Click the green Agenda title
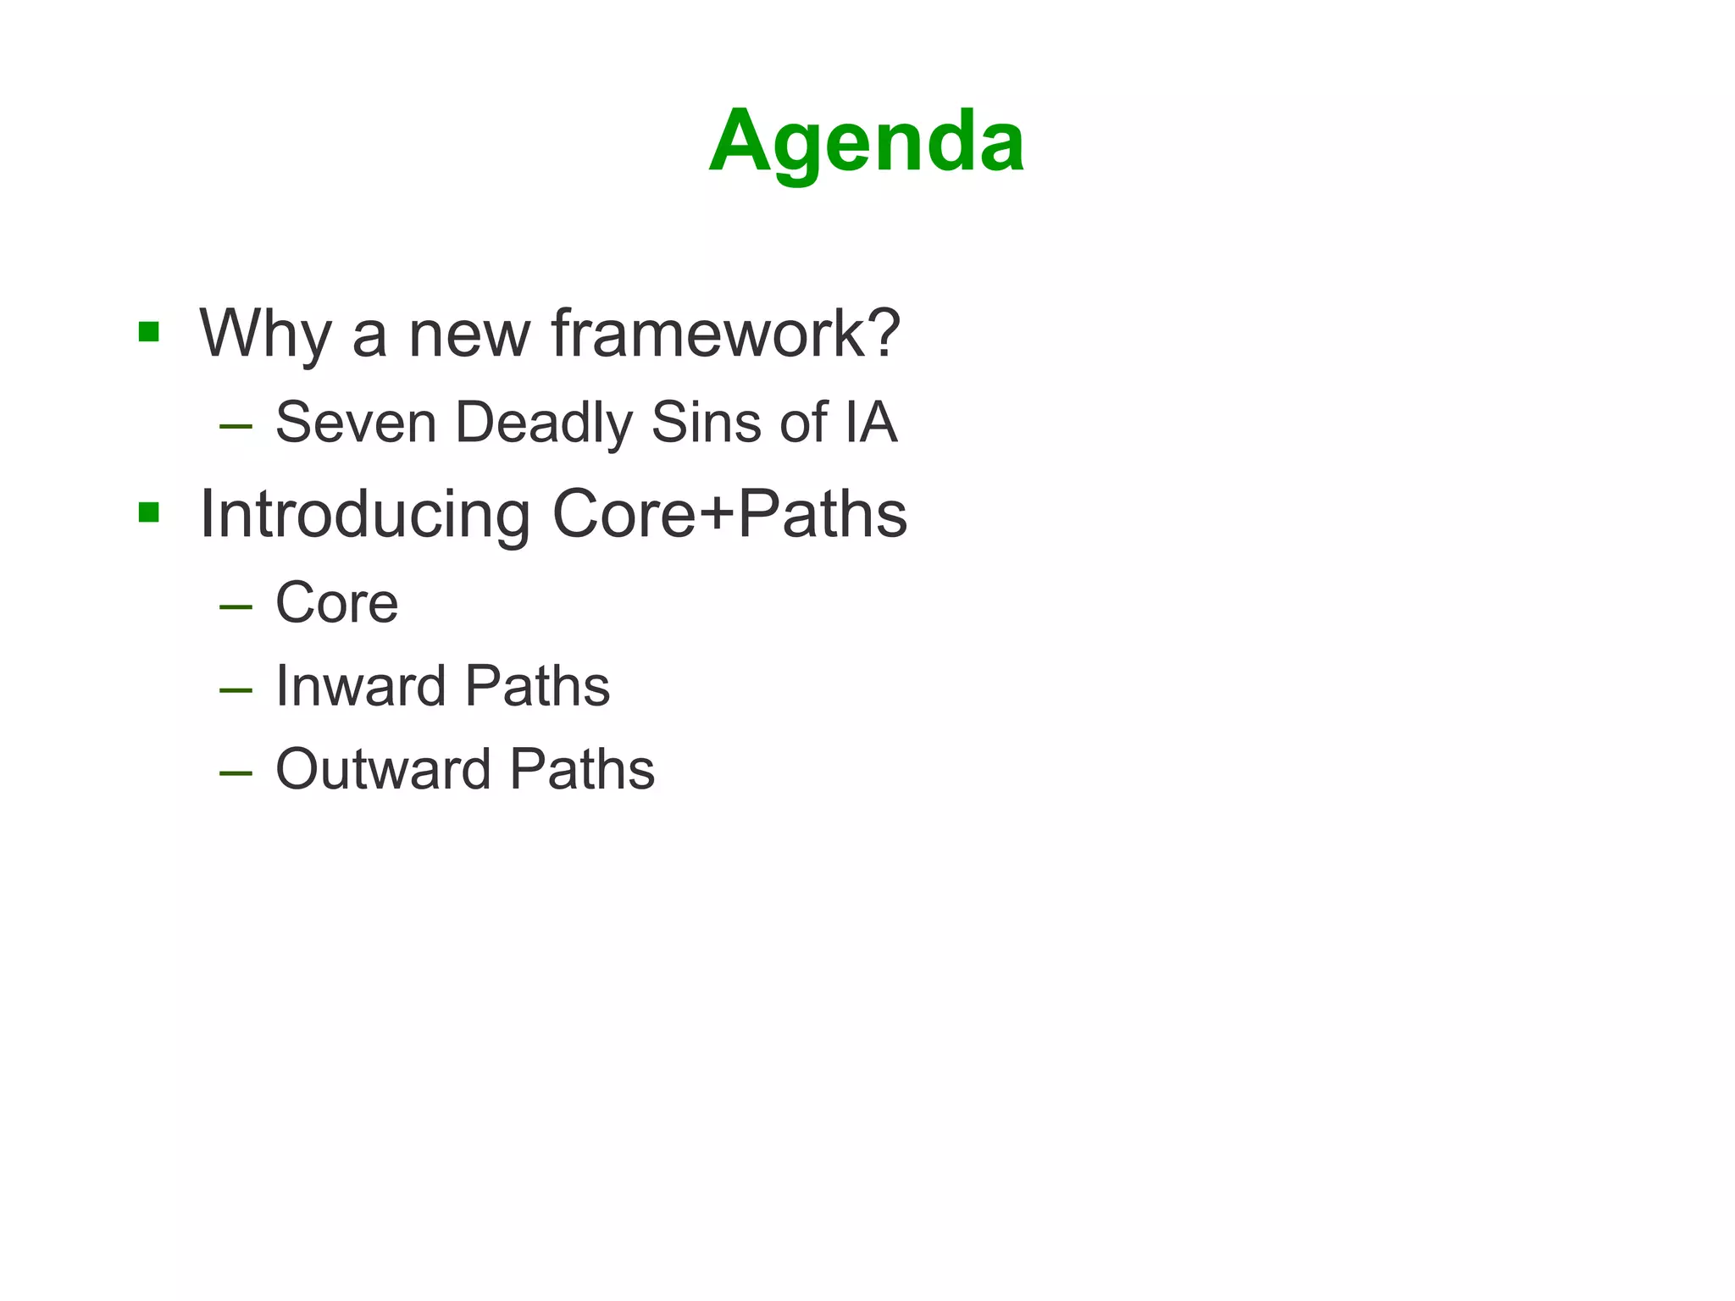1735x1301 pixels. point(867,141)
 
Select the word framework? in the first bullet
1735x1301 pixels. point(726,334)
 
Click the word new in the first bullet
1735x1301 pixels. point(468,334)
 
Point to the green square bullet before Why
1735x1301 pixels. point(149,331)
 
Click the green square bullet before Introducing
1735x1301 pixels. point(149,512)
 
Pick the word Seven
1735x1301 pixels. point(355,422)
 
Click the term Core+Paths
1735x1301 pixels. point(729,515)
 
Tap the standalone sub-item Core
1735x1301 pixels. point(336,603)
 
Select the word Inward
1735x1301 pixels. point(360,686)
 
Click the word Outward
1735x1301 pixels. point(383,769)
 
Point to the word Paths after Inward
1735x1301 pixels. point(537,686)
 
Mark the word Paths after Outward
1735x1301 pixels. point(582,769)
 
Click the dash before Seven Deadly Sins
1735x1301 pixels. point(236,426)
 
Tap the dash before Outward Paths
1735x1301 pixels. point(236,773)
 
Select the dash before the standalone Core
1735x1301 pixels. point(236,607)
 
